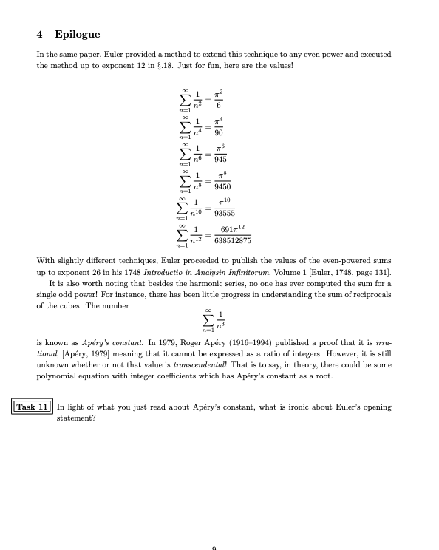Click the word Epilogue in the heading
[77, 34]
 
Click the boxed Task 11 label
[33, 407]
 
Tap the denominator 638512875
[233, 240]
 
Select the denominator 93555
[225, 214]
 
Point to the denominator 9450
[222, 187]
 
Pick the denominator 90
[219, 133]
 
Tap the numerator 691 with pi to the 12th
[232, 229]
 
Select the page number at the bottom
[214, 548]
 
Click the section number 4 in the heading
[39, 34]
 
